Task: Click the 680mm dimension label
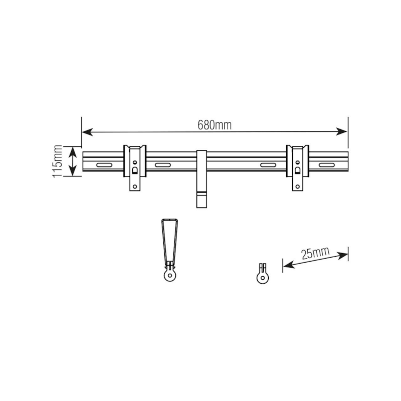coord(215,125)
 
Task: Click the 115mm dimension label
coord(57,161)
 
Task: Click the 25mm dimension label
coord(315,253)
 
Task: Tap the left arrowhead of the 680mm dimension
coord(87,132)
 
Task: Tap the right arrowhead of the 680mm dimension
coord(342,131)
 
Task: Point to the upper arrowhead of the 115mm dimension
coord(73,152)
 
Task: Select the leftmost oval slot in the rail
coord(104,165)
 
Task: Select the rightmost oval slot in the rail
coord(327,165)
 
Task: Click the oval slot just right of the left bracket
coord(163,165)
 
